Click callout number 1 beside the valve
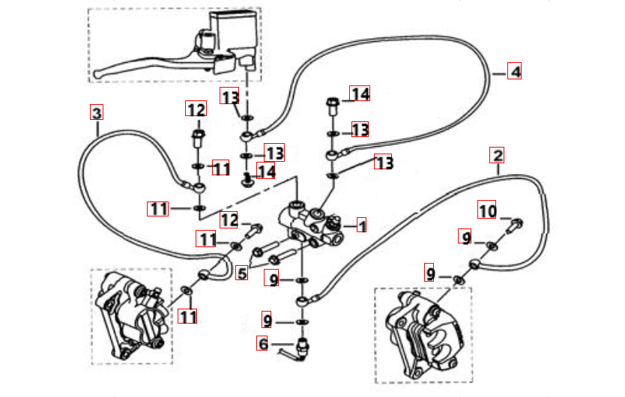[x=362, y=225]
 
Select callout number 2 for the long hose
[x=497, y=156]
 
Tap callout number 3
[x=96, y=113]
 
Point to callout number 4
[x=513, y=72]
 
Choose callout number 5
[x=241, y=273]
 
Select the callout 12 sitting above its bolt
[x=196, y=110]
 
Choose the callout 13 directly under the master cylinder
[x=229, y=96]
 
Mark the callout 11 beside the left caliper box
[x=187, y=317]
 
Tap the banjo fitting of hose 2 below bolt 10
[x=474, y=263]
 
